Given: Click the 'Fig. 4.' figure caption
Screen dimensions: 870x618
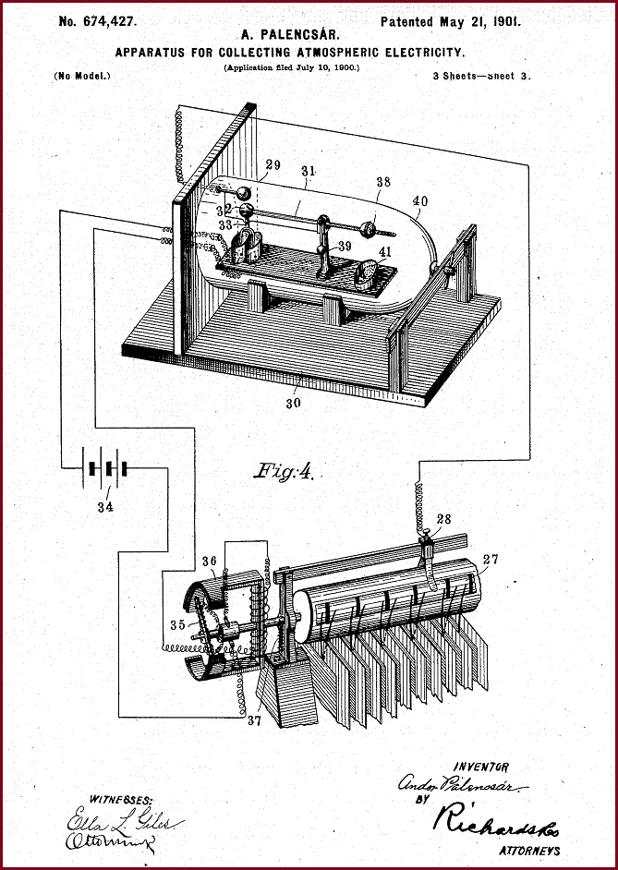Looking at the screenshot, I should (284, 473).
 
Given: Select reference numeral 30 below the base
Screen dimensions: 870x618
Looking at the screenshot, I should (294, 402).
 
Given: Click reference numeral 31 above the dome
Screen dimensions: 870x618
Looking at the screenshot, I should (309, 171).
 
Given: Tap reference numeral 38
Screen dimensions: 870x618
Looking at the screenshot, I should (383, 183).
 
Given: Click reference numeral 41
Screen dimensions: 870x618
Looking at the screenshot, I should (385, 251).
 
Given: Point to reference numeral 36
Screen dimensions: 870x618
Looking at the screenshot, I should (210, 561).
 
